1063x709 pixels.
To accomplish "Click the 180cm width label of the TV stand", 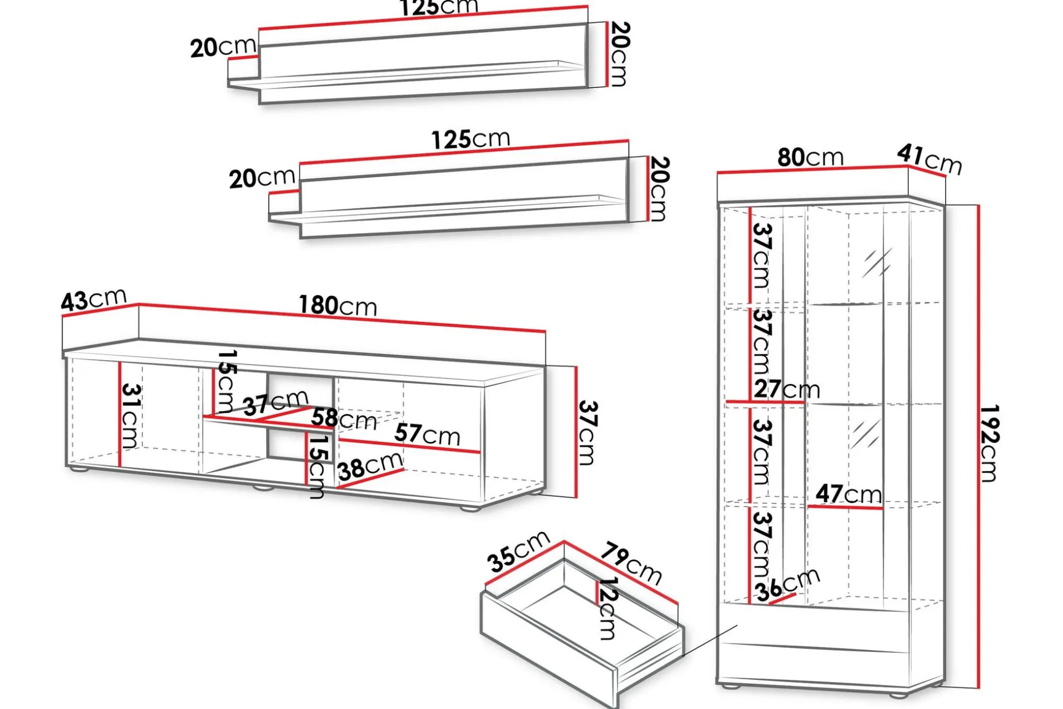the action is tap(338, 306).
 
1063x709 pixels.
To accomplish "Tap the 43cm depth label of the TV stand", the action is tap(94, 299).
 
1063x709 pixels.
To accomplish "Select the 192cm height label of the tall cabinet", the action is tap(989, 444).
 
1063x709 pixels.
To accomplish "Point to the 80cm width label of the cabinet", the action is tap(810, 157).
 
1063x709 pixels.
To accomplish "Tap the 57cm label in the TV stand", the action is tap(427, 434).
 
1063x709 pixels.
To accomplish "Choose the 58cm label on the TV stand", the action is tap(344, 419).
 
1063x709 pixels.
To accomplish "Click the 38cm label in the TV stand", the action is tap(371, 466).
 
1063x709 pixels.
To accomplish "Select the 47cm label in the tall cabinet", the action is tap(849, 493).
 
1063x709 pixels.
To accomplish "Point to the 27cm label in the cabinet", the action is tap(787, 389).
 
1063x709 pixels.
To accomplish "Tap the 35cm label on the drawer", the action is tap(518, 551).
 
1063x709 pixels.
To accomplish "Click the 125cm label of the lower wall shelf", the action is tap(470, 139).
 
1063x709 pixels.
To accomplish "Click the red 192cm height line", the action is tap(978, 446).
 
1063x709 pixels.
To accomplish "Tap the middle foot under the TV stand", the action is tap(263, 488).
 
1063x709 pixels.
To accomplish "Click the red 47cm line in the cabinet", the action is tap(845, 507).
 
